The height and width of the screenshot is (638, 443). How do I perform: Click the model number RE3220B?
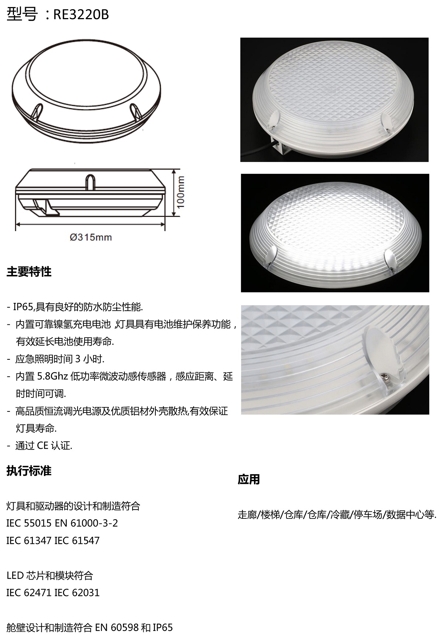tap(81, 14)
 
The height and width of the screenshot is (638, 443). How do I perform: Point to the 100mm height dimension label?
tap(181, 192)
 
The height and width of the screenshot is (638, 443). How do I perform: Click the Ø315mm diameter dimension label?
tap(91, 237)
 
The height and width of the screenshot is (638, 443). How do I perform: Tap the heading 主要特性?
tap(29, 272)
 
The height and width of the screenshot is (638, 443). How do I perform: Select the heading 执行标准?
tap(29, 471)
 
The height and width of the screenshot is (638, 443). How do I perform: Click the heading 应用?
tap(249, 480)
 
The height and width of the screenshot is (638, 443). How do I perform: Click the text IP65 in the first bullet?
tap(22, 307)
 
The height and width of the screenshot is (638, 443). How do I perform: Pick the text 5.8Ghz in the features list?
tap(52, 377)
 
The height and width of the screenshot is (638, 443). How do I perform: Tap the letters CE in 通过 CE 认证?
tap(43, 446)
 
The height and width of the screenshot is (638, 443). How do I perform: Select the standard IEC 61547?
tap(77, 541)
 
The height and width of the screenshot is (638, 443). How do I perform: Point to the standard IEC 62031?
tap(77, 593)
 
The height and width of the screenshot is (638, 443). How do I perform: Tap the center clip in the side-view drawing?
tap(90, 182)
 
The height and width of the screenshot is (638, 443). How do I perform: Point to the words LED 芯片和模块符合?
tap(50, 575)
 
